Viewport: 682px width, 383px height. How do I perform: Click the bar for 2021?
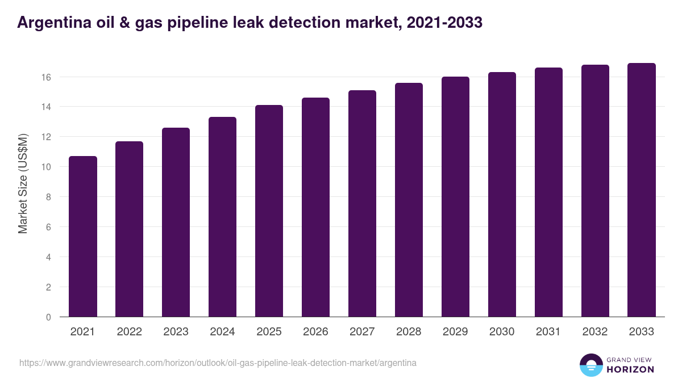(x=83, y=237)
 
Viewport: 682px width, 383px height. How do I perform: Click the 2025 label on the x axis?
(x=269, y=332)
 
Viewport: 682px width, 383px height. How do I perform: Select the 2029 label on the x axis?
(x=455, y=332)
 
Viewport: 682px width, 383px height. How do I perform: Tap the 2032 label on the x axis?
(x=595, y=332)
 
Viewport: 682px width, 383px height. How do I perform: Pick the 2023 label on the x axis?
(x=176, y=332)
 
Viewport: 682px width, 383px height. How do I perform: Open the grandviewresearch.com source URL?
(x=218, y=363)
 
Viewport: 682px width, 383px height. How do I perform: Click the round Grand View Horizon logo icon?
(x=591, y=365)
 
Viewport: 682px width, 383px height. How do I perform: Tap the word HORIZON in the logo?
(x=630, y=369)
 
